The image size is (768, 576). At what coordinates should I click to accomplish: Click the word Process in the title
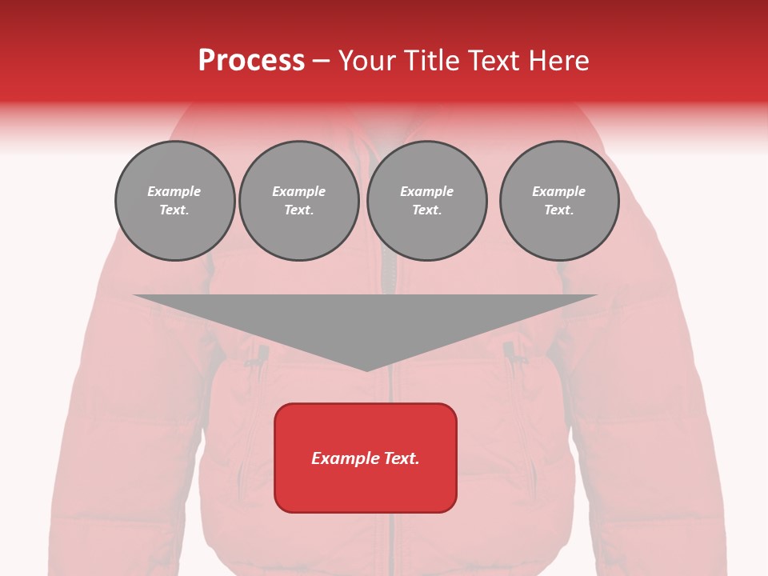pos(251,61)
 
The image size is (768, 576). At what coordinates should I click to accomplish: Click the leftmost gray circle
pos(175,201)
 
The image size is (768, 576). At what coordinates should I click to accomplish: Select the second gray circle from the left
pos(299,201)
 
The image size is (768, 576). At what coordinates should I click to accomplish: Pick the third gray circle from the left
pos(427,201)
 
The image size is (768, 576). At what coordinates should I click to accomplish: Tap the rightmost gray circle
pos(559,201)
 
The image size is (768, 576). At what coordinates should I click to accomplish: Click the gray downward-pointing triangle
pos(366,324)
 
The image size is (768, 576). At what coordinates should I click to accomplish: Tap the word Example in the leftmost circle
pos(174,191)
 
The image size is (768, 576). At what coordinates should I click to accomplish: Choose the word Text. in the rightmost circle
pos(559,210)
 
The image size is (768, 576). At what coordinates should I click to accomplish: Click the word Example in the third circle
pos(427,191)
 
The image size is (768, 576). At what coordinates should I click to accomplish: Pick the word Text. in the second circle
pos(299,210)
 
